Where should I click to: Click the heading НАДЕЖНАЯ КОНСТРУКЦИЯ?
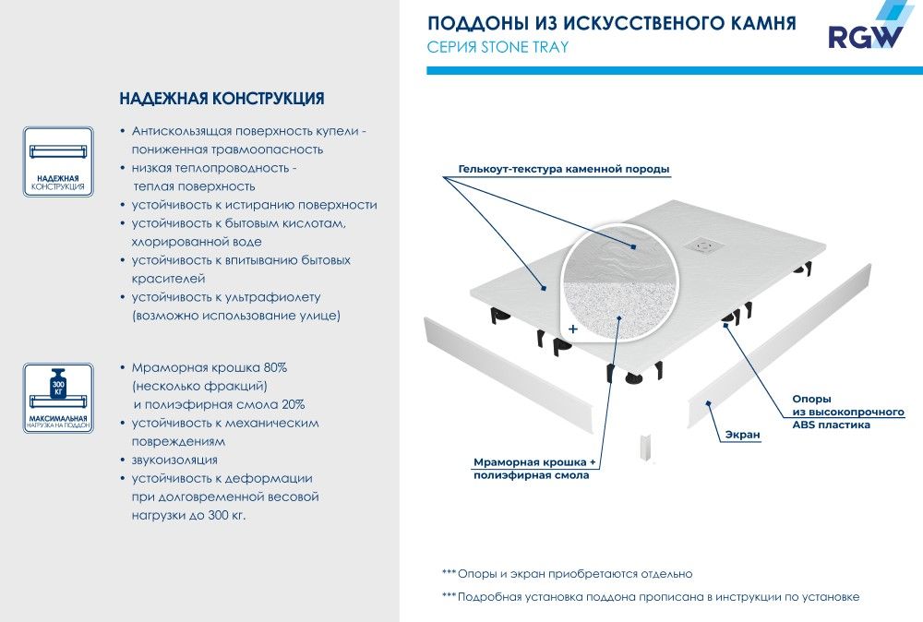pyautogui.click(x=222, y=98)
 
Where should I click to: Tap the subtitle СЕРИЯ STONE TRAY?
pyautogui.click(x=497, y=48)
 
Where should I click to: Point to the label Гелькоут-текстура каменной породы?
pyautogui.click(x=563, y=170)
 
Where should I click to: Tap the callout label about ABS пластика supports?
pyautogui.click(x=848, y=412)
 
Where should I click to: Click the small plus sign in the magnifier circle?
pyautogui.click(x=573, y=328)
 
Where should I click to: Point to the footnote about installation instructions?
pyautogui.click(x=651, y=597)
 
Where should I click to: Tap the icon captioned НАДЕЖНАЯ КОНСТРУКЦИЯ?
pyautogui.click(x=58, y=161)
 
